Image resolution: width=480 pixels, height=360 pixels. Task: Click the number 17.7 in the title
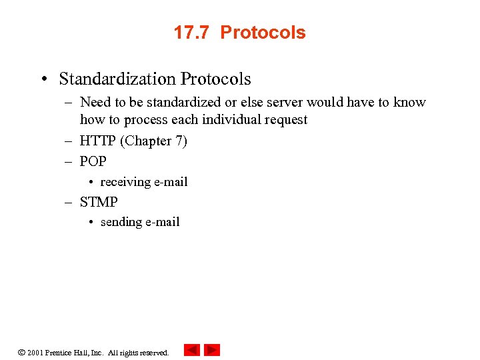coord(192,33)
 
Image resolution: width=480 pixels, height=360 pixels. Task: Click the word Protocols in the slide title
coord(263,33)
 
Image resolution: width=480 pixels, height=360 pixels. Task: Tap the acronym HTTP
coord(98,141)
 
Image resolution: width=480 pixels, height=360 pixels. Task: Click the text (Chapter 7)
coord(154,141)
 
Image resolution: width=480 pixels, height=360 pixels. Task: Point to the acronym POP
coord(93,161)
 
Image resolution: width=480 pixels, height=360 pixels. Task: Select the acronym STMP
coord(99,201)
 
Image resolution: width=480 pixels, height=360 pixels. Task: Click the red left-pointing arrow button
coord(192,350)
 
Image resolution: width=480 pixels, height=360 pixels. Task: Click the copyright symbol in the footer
coord(21,352)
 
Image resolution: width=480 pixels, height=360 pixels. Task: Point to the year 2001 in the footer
coord(35,353)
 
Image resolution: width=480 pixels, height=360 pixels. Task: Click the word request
coord(285,120)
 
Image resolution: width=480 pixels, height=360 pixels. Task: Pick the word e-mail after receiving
coord(171,182)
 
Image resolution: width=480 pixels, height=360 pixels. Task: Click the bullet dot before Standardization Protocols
coord(44,79)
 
